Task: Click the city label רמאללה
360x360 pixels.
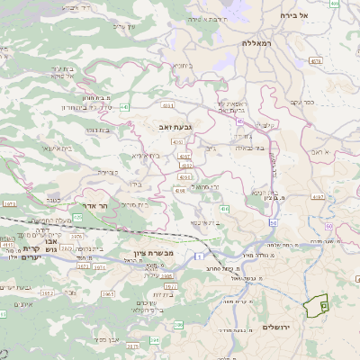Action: pyautogui.click(x=256, y=42)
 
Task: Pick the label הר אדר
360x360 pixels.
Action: pyautogui.click(x=95, y=206)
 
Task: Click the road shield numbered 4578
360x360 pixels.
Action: pyautogui.click(x=315, y=61)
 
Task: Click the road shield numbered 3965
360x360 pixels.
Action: pyautogui.click(x=108, y=292)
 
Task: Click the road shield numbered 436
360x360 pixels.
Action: pyautogui.click(x=225, y=209)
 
